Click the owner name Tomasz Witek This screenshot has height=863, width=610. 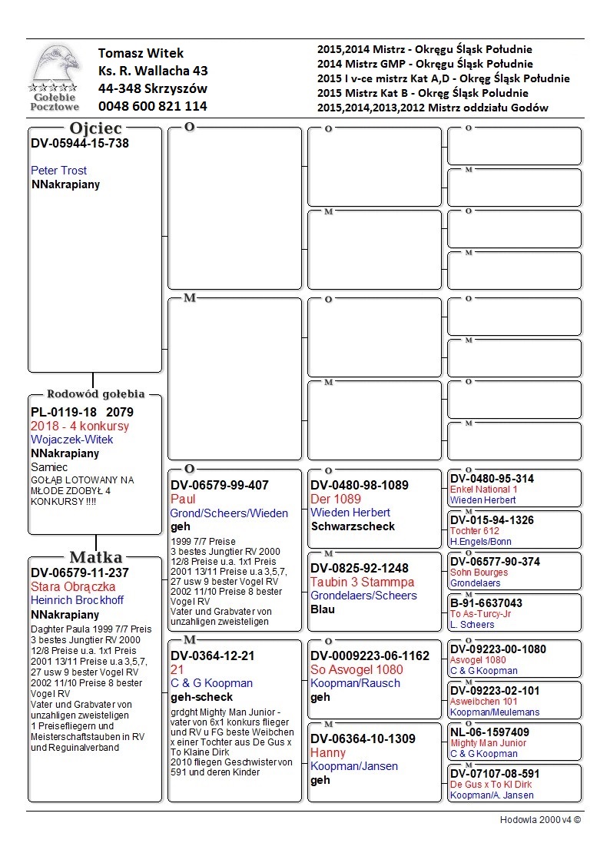[x=141, y=53]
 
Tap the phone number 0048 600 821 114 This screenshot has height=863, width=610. [x=152, y=106]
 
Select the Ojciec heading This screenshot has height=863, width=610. [x=95, y=128]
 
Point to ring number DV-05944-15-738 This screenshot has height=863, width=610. [x=80, y=143]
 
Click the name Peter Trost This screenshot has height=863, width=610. [x=59, y=171]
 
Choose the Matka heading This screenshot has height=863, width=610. [x=95, y=557]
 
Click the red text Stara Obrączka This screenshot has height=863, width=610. [x=73, y=586]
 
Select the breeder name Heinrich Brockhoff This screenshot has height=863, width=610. [x=77, y=600]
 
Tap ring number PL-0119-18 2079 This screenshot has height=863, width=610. [x=81, y=412]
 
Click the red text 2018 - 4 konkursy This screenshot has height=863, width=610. [x=80, y=426]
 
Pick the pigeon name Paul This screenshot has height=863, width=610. [x=183, y=499]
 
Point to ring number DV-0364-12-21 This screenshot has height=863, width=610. [x=212, y=656]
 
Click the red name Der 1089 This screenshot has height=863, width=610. [x=336, y=499]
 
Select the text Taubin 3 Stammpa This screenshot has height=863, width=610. [x=362, y=582]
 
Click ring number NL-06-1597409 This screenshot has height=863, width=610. [x=489, y=732]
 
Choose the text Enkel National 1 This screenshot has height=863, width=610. [x=484, y=490]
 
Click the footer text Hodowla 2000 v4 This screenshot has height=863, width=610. [x=540, y=820]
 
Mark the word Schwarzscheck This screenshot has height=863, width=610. [x=353, y=526]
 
